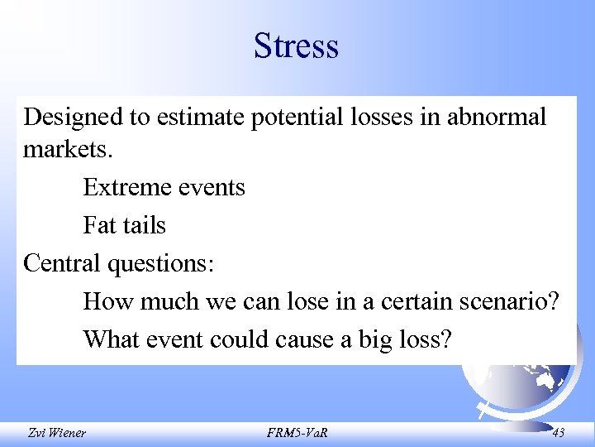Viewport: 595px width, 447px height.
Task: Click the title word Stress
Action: pyautogui.click(x=297, y=46)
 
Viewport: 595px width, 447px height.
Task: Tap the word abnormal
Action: pyautogui.click(x=497, y=117)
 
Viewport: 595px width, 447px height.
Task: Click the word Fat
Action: pyautogui.click(x=98, y=225)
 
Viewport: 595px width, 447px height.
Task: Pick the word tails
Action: pyautogui.click(x=144, y=225)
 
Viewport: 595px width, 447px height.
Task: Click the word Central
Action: pyautogui.click(x=61, y=263)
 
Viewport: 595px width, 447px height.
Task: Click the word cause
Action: pyautogui.click(x=302, y=339)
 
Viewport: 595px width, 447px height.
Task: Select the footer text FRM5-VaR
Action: pyautogui.click(x=297, y=432)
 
